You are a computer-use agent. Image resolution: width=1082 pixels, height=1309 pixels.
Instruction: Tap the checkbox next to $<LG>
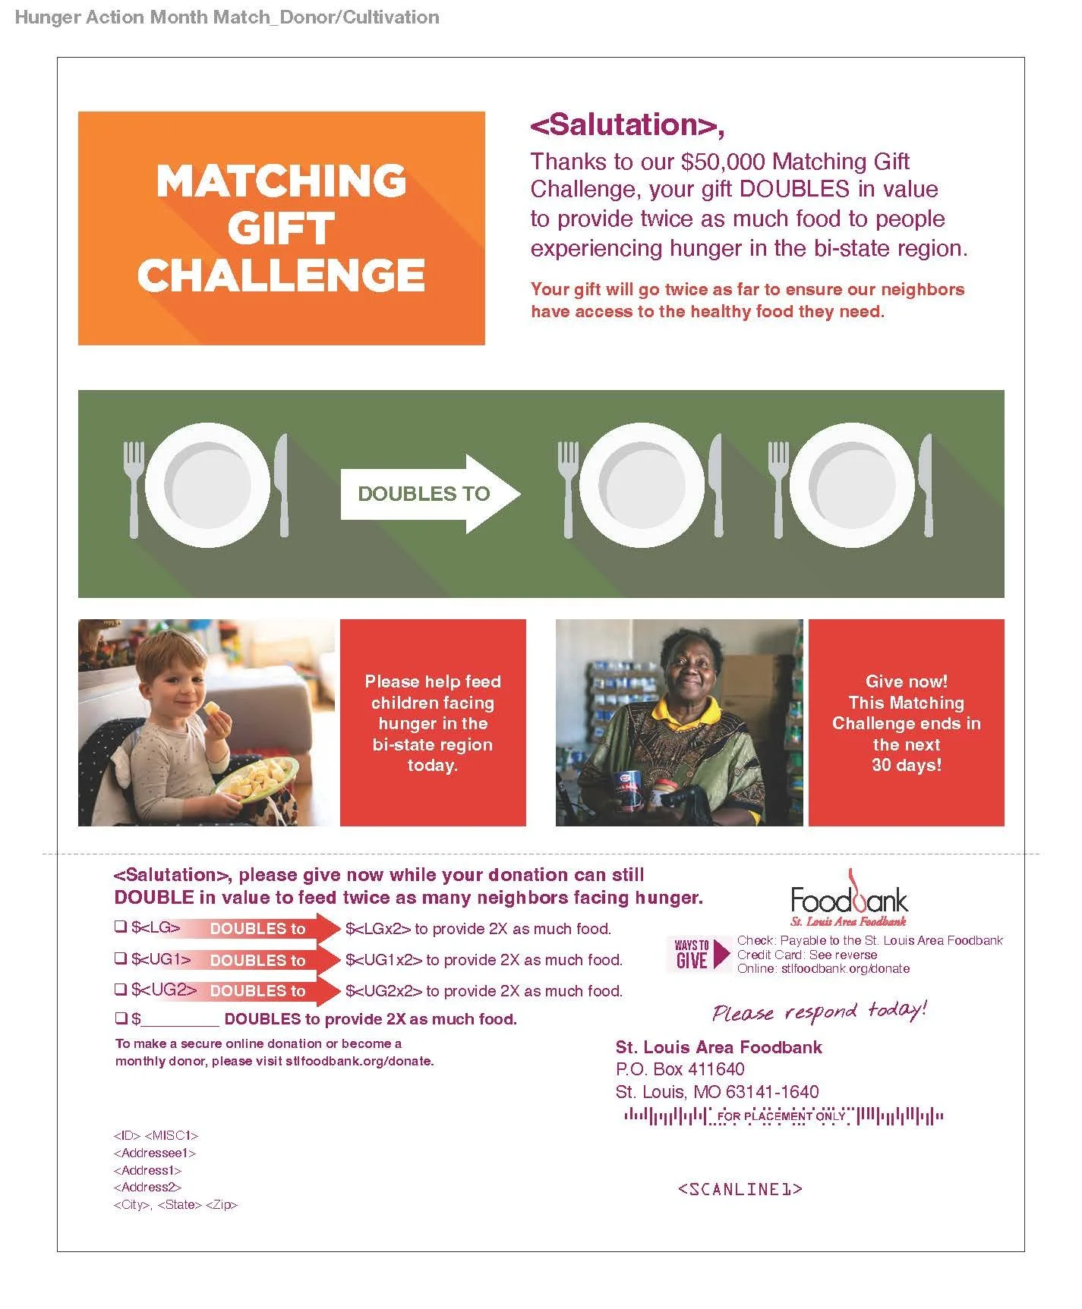[120, 927]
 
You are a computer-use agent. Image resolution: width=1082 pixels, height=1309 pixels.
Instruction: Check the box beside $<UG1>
[120, 958]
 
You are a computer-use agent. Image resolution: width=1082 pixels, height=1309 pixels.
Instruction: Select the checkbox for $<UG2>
[120, 989]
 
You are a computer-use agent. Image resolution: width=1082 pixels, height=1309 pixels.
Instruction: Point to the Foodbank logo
[849, 899]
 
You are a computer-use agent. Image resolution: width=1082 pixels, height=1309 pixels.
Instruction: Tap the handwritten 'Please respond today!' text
[819, 1012]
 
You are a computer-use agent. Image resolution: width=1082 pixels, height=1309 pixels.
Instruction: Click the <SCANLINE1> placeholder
[740, 1189]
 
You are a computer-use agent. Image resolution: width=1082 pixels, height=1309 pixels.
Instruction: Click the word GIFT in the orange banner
[281, 228]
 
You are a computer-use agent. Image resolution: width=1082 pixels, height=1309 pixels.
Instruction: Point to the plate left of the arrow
[207, 485]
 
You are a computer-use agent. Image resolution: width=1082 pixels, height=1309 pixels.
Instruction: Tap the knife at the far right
[926, 485]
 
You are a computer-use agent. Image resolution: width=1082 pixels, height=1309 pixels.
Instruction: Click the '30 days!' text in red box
[906, 765]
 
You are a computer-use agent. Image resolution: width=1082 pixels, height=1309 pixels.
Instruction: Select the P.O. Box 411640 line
[680, 1069]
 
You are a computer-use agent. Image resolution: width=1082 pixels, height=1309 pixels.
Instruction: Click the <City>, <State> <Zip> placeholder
[175, 1204]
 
